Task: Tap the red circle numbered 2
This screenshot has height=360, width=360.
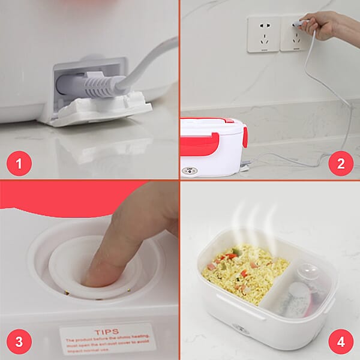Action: [x=341, y=163]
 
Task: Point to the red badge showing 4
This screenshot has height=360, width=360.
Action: [x=341, y=342]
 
